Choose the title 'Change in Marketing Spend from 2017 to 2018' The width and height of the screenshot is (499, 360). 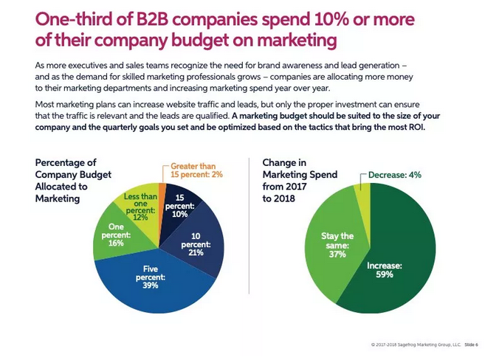click(300, 181)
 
